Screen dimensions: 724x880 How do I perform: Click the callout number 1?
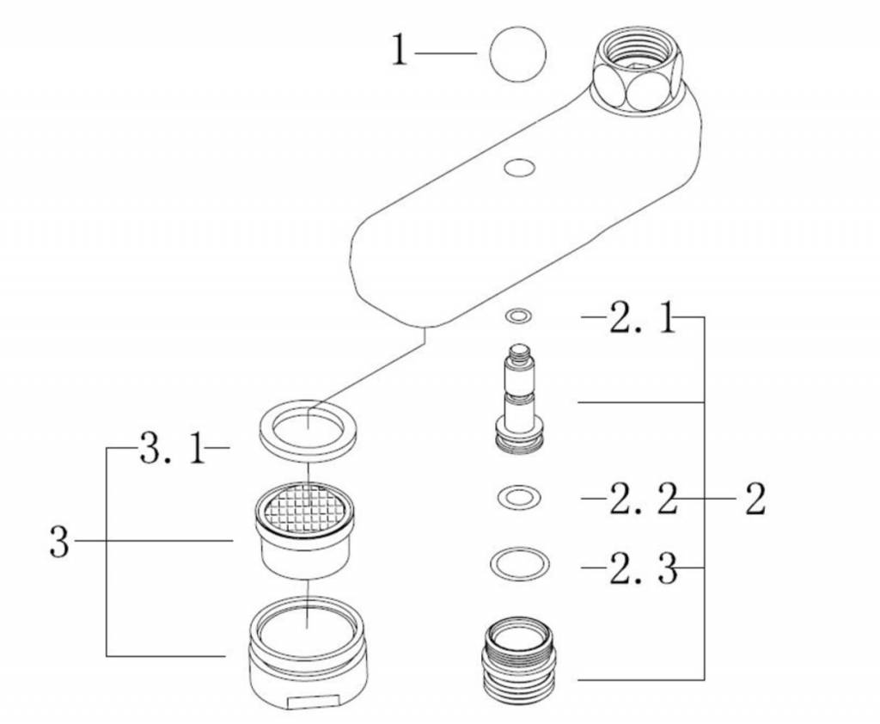pos(399,52)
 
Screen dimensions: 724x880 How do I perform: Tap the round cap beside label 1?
pos(517,54)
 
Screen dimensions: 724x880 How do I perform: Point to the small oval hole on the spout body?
pos(519,167)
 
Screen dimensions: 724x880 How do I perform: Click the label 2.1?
pos(641,320)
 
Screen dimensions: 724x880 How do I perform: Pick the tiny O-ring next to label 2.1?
pos(517,317)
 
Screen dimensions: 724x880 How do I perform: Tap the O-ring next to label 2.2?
pos(519,496)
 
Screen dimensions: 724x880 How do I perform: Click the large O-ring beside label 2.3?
pos(519,564)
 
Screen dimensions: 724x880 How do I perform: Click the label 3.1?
pos(173,450)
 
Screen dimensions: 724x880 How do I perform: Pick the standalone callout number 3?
pos(58,542)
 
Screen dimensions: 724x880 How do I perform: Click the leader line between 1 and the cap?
pos(446,53)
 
